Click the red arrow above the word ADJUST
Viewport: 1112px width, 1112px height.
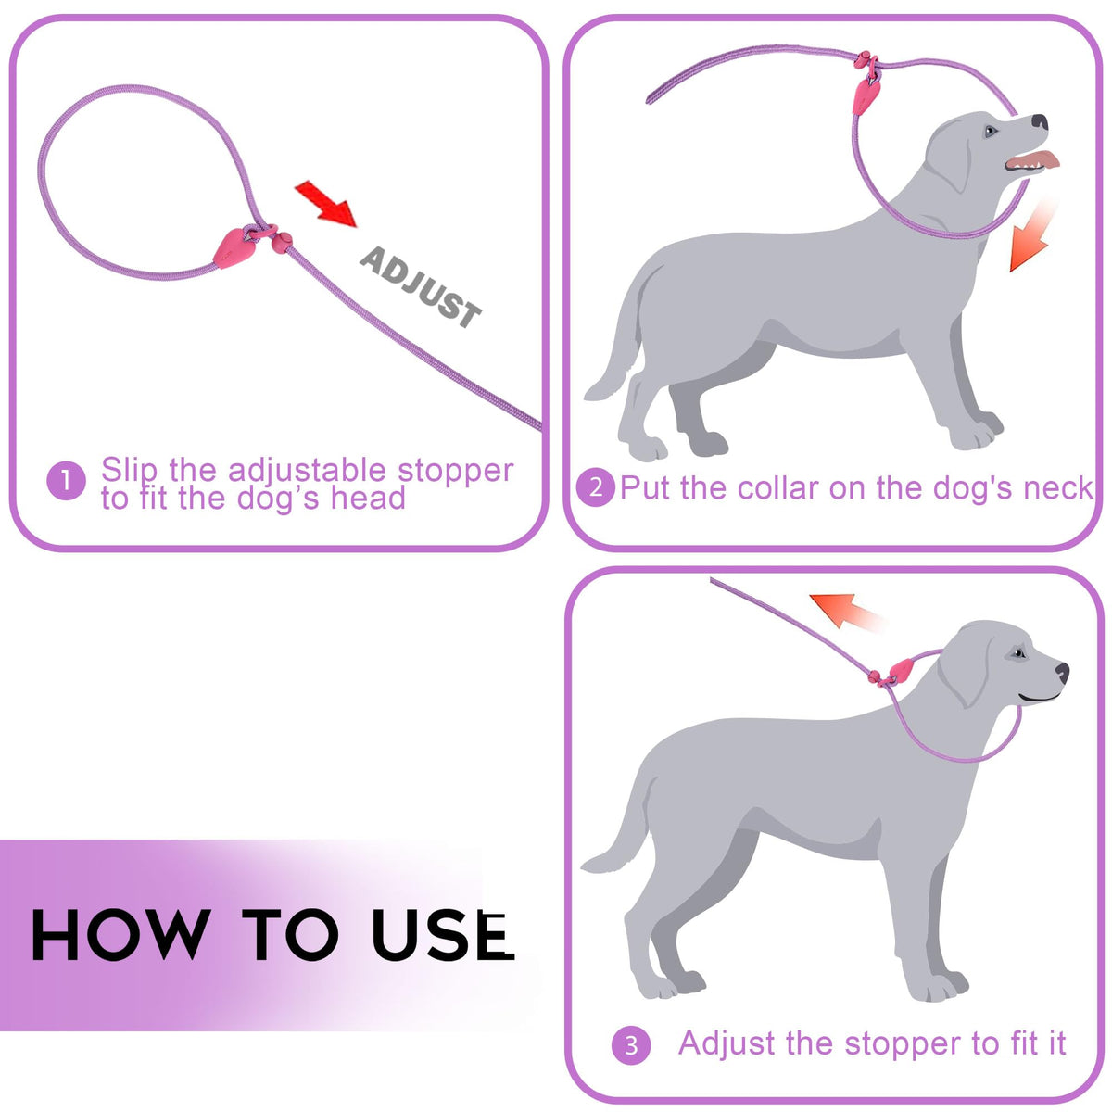[x=326, y=204]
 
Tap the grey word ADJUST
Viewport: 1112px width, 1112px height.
[x=421, y=287]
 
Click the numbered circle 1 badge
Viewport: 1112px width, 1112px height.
[x=67, y=480]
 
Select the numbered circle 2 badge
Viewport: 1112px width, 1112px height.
[x=596, y=487]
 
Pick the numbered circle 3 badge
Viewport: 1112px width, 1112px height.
[x=631, y=1045]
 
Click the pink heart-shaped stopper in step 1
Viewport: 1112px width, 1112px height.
[x=233, y=247]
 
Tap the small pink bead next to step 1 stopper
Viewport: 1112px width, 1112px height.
[x=282, y=243]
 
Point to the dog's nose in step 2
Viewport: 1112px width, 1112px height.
[x=1040, y=121]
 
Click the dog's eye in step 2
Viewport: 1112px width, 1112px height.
[x=991, y=131]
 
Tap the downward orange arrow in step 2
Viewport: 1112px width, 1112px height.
[x=1031, y=237]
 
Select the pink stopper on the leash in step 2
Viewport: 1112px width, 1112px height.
[x=866, y=96]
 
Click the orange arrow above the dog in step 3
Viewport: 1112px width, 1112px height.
[x=846, y=612]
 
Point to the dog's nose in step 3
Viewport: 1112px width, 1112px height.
[x=1062, y=672]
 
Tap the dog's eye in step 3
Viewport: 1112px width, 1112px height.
[x=1018, y=653]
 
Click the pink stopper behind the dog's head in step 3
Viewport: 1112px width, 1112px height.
[x=901, y=669]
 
